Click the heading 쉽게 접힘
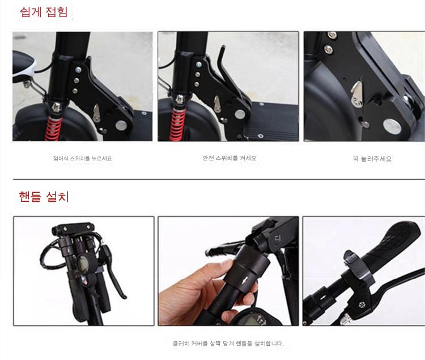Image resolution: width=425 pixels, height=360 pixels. coord(44,12)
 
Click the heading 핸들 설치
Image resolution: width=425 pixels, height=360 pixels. coord(44,197)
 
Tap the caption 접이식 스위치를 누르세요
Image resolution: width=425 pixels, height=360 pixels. coord(82,158)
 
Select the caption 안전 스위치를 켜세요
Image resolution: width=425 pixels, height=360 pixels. coord(229,158)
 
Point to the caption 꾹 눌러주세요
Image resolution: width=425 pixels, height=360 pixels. coord(372,159)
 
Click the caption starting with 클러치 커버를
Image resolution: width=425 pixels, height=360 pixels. coord(228,344)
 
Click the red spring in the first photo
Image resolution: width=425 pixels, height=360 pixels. coord(53,129)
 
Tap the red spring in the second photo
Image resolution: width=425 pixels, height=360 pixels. coord(177,124)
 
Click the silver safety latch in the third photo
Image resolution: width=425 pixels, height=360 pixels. coord(357,94)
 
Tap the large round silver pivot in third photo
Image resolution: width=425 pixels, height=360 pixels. coord(392,126)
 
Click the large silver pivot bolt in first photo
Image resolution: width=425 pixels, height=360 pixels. coord(121,125)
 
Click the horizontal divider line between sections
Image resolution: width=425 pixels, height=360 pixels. coord(219,179)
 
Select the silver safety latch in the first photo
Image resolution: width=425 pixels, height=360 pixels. coord(96,114)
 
